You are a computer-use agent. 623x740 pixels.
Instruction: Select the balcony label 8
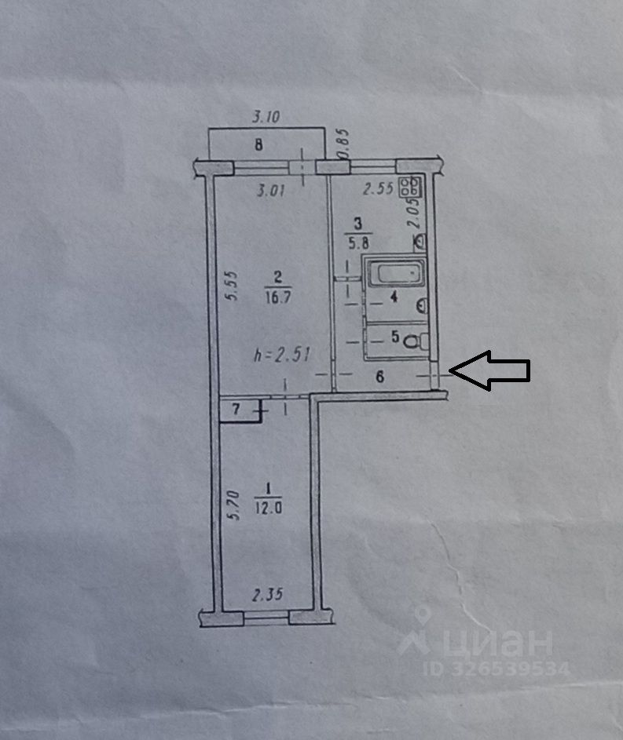(x=258, y=144)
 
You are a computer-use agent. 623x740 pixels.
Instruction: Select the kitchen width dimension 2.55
(x=378, y=188)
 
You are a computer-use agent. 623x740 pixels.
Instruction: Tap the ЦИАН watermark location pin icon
(x=417, y=629)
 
